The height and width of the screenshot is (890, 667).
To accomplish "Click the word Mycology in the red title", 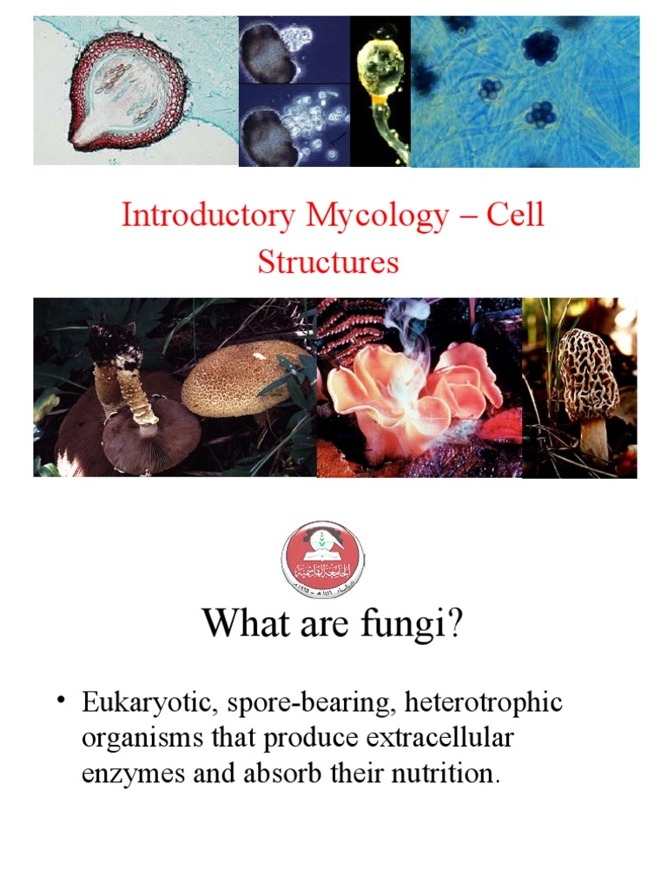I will (370, 215).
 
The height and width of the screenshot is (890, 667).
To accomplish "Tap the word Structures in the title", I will (328, 262).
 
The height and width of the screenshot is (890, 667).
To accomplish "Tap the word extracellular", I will (443, 738).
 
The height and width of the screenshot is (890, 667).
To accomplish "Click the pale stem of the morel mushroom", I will (594, 438).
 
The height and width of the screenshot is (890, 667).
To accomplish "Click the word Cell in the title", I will (515, 215).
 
